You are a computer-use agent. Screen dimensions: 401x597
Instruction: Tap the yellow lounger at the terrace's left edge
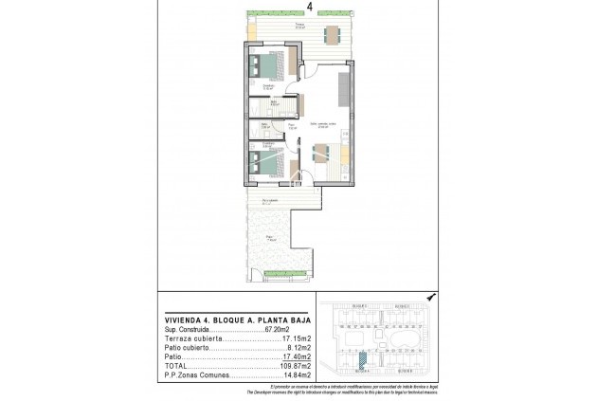point(249,27)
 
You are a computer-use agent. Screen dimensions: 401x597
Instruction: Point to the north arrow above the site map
point(431,296)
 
